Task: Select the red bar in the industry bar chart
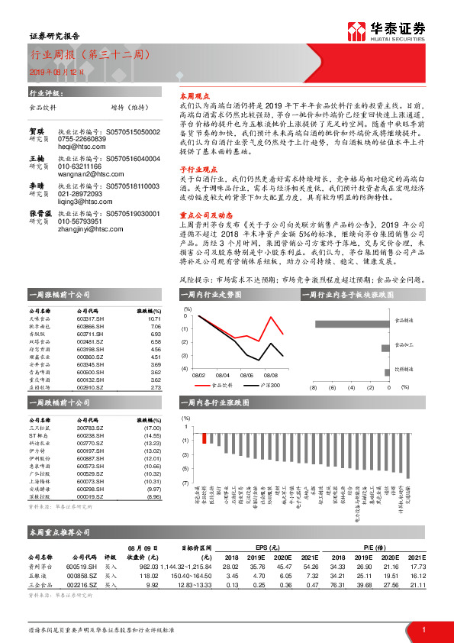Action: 204,437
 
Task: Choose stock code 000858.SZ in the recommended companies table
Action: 82,575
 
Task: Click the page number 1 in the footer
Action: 423,629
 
